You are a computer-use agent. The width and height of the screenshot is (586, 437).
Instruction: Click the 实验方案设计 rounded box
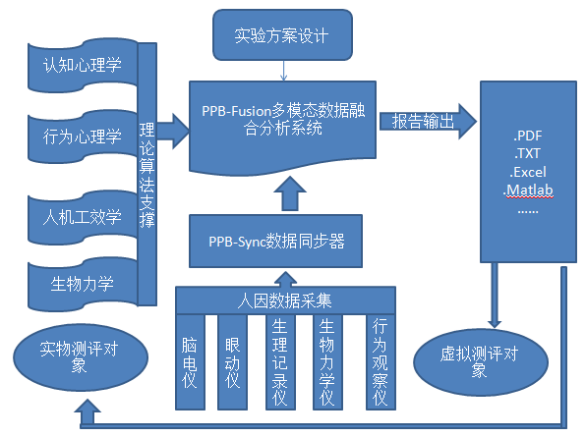pyautogui.click(x=282, y=35)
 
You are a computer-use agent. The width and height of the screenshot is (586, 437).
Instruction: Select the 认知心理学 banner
pyautogui.click(x=83, y=65)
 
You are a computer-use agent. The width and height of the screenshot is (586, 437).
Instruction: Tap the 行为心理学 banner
pyautogui.click(x=83, y=137)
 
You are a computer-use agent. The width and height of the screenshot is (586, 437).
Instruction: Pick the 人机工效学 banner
pyautogui.click(x=83, y=217)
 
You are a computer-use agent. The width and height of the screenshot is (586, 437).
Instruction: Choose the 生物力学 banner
pyautogui.click(x=83, y=284)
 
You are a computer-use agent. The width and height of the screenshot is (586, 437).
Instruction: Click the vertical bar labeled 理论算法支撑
pyautogui.click(x=147, y=174)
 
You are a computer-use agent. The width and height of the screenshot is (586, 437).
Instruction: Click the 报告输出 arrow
pyautogui.click(x=428, y=122)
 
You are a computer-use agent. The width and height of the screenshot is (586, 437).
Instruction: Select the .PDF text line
pyautogui.click(x=528, y=136)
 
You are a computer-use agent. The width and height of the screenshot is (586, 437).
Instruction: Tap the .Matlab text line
pyautogui.click(x=528, y=191)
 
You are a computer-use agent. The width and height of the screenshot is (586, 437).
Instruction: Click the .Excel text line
pyautogui.click(x=528, y=172)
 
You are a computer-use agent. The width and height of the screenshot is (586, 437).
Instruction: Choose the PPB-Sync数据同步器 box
pyautogui.click(x=276, y=241)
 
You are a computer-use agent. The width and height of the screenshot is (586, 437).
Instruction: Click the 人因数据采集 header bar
pyautogui.click(x=285, y=300)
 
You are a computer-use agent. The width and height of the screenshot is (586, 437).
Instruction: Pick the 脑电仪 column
pyautogui.click(x=190, y=362)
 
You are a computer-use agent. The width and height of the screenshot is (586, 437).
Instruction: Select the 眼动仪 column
pyautogui.click(x=232, y=362)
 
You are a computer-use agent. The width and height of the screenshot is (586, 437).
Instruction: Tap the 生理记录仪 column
pyautogui.click(x=280, y=362)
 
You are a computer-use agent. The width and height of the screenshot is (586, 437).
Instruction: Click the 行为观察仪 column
pyautogui.click(x=381, y=362)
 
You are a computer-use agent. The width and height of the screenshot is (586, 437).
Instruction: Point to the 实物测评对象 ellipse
pyautogui.click(x=81, y=357)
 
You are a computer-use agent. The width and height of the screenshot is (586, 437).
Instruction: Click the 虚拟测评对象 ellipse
pyautogui.click(x=481, y=362)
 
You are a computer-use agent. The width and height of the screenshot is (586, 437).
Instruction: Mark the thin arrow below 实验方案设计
pyautogui.click(x=283, y=71)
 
